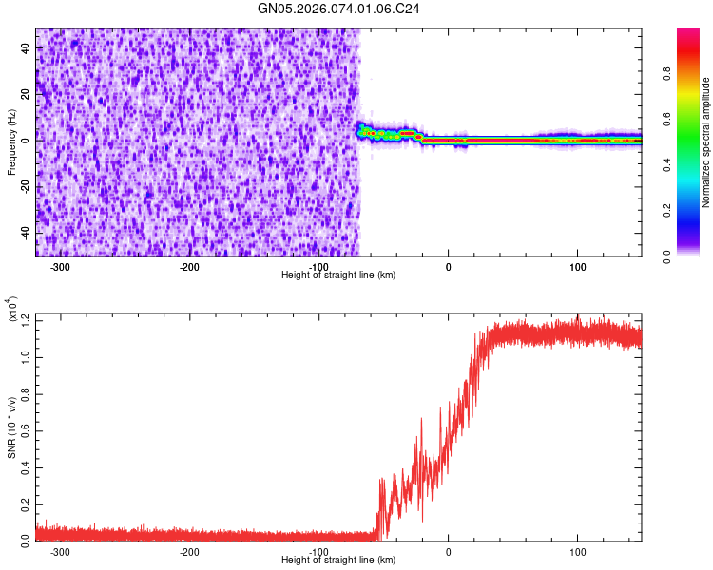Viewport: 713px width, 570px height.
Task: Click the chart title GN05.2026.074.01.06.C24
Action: (338, 9)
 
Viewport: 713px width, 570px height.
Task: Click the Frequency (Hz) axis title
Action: (11, 142)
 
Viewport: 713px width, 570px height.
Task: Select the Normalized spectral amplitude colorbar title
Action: (706, 142)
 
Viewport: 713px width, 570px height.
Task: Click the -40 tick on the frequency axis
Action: (24, 233)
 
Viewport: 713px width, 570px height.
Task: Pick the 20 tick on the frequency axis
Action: (26, 94)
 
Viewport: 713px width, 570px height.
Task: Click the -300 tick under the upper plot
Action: (59, 267)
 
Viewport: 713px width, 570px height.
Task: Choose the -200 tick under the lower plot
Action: (189, 552)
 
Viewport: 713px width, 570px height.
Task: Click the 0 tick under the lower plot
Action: (448, 552)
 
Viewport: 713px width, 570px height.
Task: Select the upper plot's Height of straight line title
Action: (338, 275)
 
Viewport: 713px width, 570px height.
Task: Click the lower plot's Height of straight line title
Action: (338, 560)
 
